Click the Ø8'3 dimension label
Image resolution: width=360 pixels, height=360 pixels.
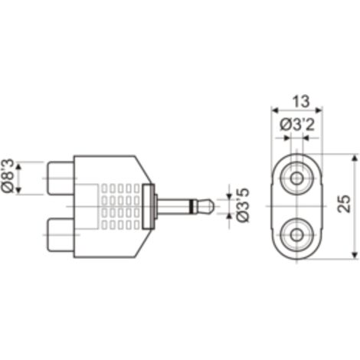(8, 175)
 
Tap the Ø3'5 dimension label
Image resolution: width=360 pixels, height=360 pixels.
(242, 205)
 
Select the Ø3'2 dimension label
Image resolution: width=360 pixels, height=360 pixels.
(297, 126)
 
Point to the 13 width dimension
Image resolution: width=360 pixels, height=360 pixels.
(301, 101)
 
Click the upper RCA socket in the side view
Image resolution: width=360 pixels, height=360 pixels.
(61, 178)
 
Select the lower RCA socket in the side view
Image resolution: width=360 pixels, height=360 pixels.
(61, 234)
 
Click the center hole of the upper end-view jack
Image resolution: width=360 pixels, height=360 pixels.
(296, 178)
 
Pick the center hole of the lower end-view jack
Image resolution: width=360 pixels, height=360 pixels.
(296, 235)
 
